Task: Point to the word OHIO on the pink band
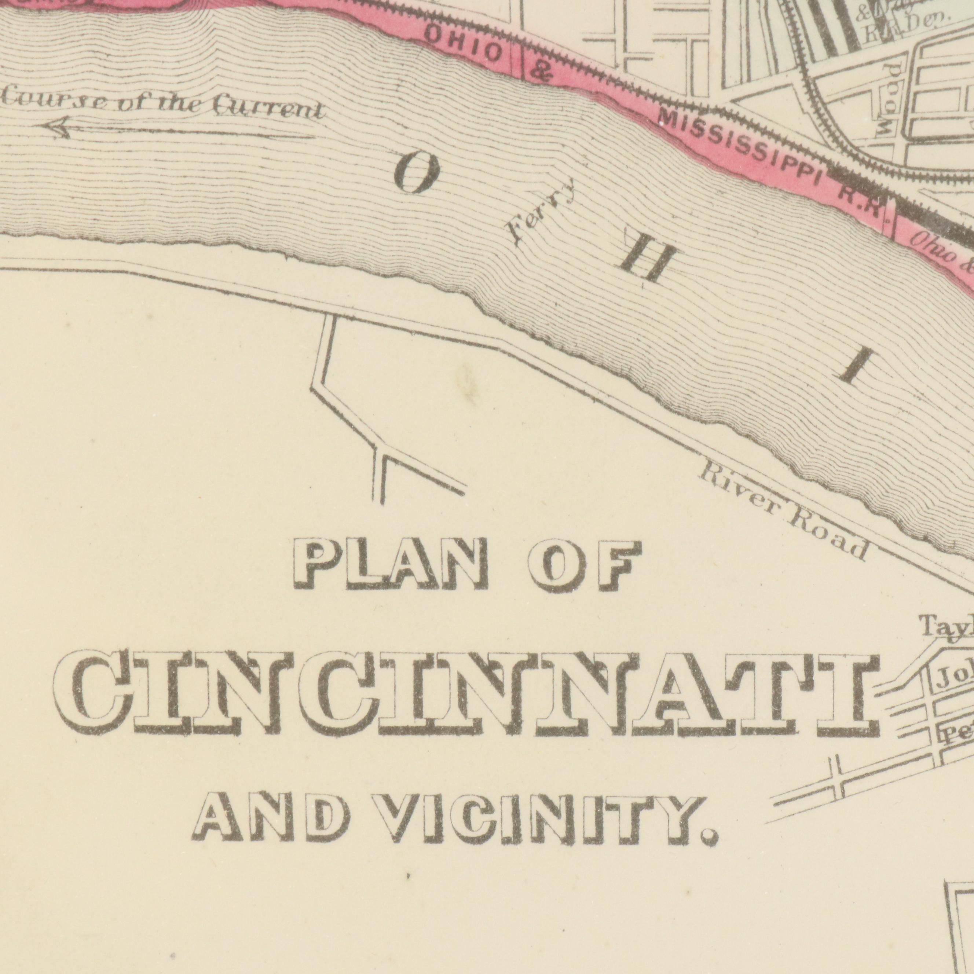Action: [x=464, y=44]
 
